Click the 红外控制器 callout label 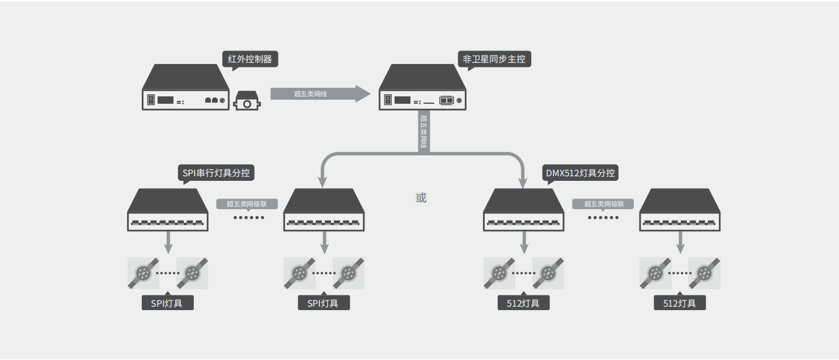point(250,59)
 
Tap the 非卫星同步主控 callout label point(494,59)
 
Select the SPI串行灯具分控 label point(216,173)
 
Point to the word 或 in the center point(421,198)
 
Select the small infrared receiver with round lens point(247,101)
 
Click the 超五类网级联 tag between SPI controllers point(247,204)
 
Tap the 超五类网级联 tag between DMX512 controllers point(603,204)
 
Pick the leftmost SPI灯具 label point(167,303)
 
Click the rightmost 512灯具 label point(680,303)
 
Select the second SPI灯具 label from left point(324,303)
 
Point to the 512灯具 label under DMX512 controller point(523,303)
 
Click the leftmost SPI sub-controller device point(168,210)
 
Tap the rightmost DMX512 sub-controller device point(680,210)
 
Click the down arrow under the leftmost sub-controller point(168,242)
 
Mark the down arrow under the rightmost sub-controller point(680,242)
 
